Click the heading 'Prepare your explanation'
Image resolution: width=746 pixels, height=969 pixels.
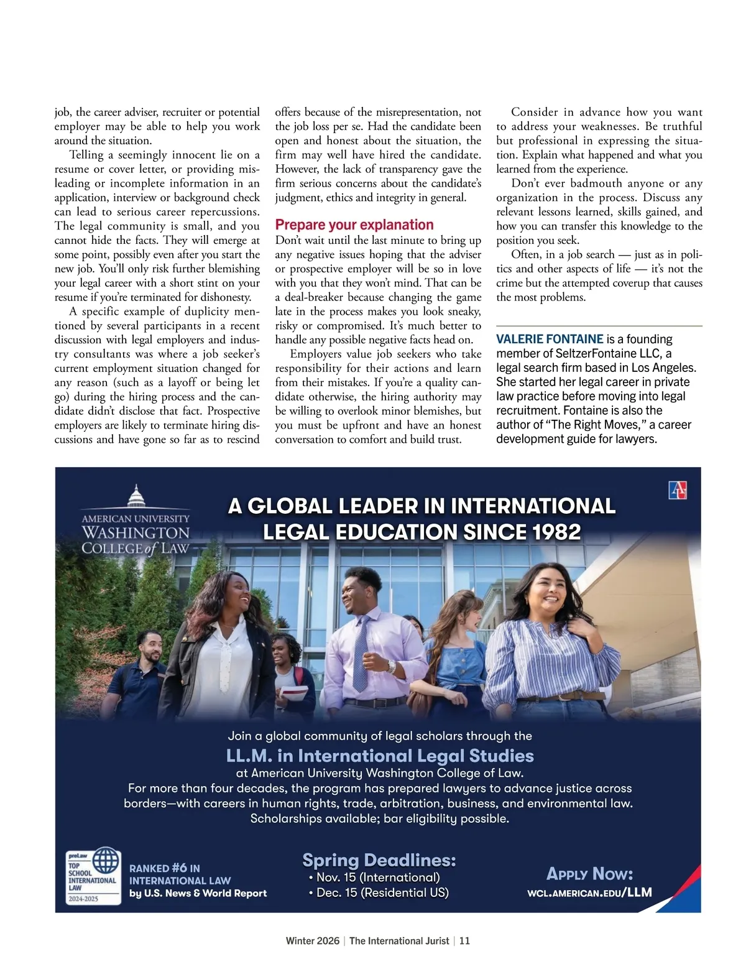(x=354, y=225)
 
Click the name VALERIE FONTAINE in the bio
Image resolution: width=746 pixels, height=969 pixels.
(x=550, y=339)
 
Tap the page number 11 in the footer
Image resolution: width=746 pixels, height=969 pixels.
(x=464, y=940)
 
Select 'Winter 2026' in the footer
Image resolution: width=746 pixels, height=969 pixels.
(x=313, y=940)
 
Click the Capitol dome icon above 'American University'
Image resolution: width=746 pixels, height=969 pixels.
(x=136, y=498)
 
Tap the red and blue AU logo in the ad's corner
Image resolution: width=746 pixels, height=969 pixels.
(x=677, y=490)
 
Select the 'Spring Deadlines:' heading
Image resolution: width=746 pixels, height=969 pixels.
(x=379, y=860)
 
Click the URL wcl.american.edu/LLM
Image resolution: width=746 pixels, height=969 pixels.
(x=589, y=892)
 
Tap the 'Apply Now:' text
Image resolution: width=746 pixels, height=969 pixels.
(x=589, y=874)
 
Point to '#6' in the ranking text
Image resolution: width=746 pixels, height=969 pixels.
(x=180, y=868)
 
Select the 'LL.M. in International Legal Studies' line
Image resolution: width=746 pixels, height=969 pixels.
(x=380, y=756)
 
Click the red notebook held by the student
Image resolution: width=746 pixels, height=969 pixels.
(x=292, y=693)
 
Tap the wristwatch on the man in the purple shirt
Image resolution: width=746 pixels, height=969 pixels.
(x=391, y=666)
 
